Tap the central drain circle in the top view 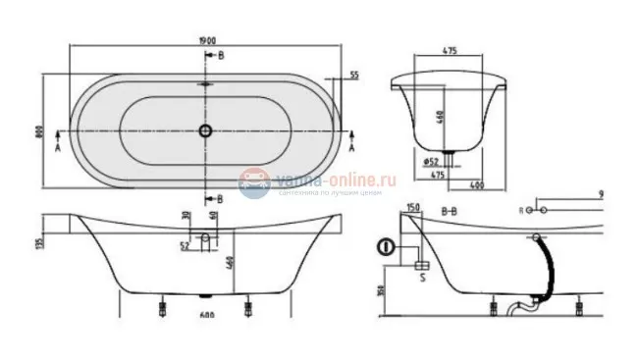click(x=206, y=130)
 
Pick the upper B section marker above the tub click(x=220, y=55)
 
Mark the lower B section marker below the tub click(x=220, y=199)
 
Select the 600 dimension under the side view click(x=206, y=315)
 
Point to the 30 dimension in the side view click(x=184, y=218)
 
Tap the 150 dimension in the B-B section click(x=413, y=208)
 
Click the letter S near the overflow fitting click(x=423, y=278)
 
